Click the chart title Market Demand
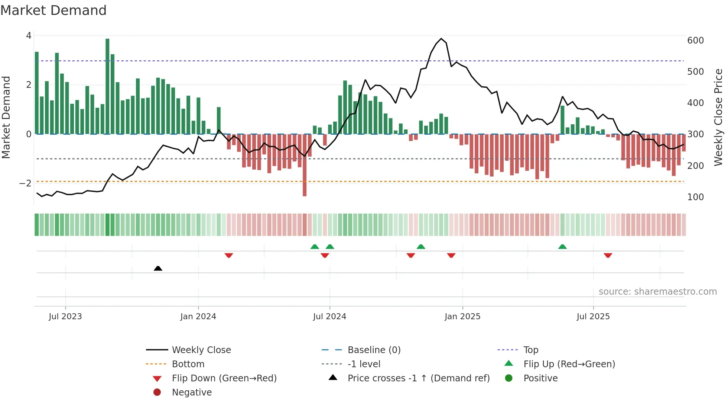53,10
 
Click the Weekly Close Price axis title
718,117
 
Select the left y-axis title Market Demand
6,117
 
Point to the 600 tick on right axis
695,40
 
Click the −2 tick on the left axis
25,183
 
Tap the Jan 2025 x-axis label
462,316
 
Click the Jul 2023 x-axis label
65,316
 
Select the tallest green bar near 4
107,86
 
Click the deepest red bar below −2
305,166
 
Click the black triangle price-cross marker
158,268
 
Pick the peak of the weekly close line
441,39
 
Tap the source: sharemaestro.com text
657,292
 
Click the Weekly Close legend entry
201,350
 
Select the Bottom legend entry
188,364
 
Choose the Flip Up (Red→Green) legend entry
569,364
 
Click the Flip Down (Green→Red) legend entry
224,378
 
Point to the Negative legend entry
192,392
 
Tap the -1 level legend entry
364,364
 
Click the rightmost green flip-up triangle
562,247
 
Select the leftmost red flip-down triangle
229,255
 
